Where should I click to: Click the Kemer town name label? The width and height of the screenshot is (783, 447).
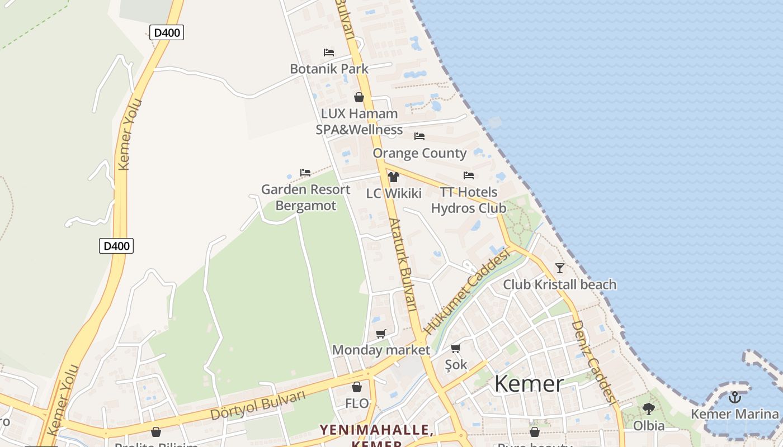click(x=529, y=384)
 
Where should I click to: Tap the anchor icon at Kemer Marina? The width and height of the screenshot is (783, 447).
click(x=735, y=397)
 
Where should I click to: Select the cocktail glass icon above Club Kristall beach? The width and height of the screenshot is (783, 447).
click(x=560, y=268)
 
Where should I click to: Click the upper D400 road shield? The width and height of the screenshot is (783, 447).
click(x=167, y=32)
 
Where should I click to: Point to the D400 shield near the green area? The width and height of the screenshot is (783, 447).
click(x=116, y=245)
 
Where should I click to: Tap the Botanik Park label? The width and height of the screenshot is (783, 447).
click(x=329, y=69)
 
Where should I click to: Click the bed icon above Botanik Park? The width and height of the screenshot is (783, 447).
click(x=329, y=53)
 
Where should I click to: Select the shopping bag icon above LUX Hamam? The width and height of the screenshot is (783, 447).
click(x=359, y=97)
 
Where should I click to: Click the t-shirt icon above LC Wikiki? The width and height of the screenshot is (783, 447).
click(x=394, y=177)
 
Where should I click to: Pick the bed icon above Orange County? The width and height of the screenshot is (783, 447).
click(x=419, y=136)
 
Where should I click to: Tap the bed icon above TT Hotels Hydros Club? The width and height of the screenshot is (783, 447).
click(x=469, y=175)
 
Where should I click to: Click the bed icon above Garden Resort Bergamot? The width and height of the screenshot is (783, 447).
click(x=305, y=173)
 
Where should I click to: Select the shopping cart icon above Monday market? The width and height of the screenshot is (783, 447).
click(x=381, y=334)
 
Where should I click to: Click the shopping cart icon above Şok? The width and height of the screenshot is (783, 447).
click(x=456, y=349)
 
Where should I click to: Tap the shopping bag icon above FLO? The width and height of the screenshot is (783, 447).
click(x=357, y=387)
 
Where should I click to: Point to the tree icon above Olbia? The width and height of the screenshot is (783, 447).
click(x=649, y=409)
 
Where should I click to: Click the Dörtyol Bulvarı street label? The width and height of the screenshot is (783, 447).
click(x=258, y=405)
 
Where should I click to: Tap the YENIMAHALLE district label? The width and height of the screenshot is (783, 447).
click(x=375, y=430)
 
